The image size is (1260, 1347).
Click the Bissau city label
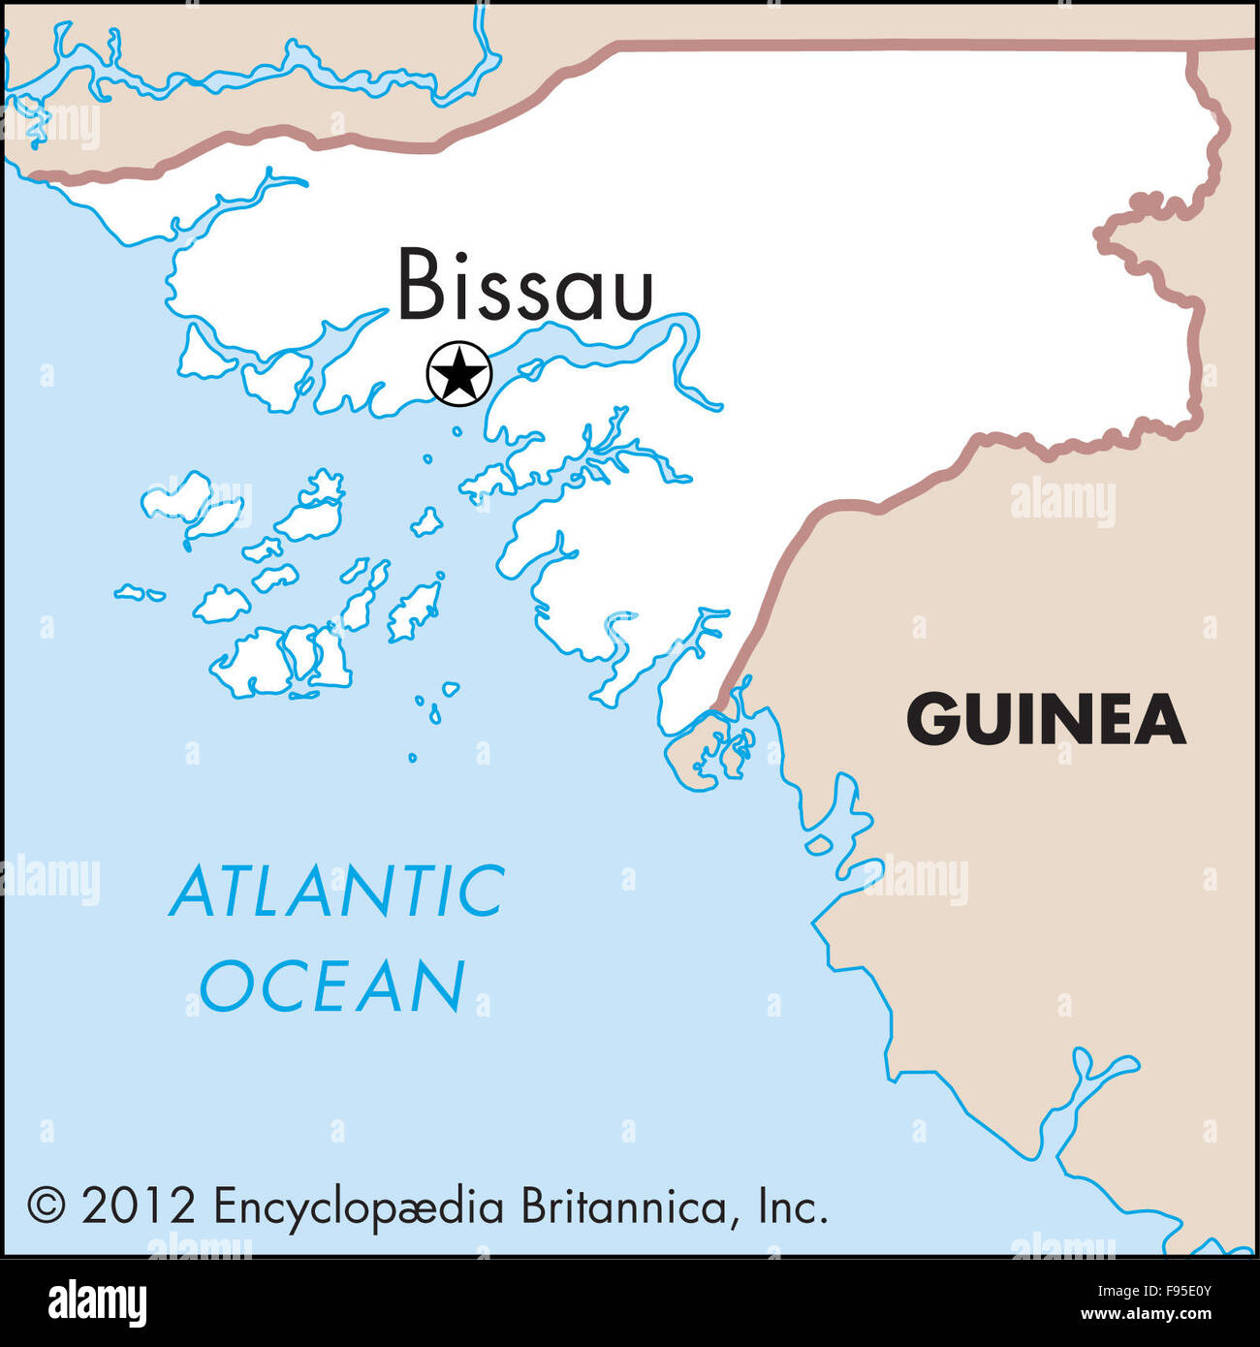525,285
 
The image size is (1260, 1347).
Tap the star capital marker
459,373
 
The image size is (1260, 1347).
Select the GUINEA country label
1046,720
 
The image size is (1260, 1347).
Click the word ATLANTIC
337,893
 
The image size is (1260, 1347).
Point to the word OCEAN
332,986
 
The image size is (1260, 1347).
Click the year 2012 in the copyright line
139,1206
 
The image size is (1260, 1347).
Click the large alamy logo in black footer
97,1302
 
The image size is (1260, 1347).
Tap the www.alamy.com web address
1146,1315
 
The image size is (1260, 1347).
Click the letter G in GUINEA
931,720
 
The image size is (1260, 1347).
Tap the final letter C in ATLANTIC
481,893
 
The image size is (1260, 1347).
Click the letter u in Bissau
633,295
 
